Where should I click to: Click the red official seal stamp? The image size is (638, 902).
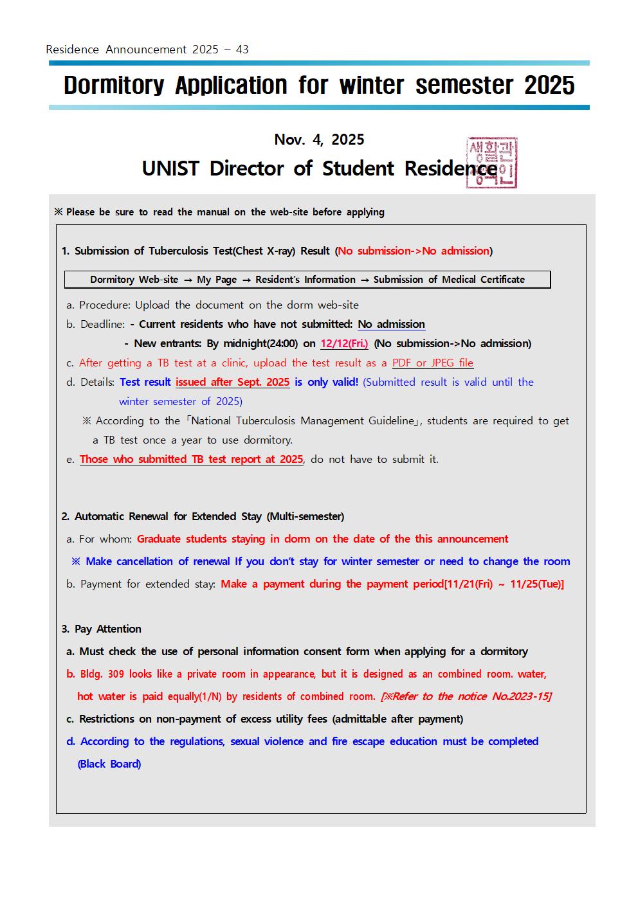pos(492,162)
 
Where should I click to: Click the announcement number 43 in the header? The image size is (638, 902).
pos(242,50)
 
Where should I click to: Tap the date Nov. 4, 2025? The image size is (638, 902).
pos(319,140)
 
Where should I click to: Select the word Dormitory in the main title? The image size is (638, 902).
pos(114,86)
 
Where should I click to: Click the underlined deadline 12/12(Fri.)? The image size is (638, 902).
pos(344,343)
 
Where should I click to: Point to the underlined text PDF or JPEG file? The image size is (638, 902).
pos(432,363)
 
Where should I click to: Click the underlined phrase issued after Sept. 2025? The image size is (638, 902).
pos(232,382)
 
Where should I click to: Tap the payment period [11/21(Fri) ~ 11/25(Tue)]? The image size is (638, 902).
pos(504,584)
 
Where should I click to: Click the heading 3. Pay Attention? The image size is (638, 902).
pos(102,629)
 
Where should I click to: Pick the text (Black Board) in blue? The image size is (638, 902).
pos(109,764)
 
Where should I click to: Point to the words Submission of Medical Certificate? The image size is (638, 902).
pos(449,280)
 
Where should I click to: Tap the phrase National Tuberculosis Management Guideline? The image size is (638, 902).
pos(303,420)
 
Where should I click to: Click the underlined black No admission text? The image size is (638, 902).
pos(391,324)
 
